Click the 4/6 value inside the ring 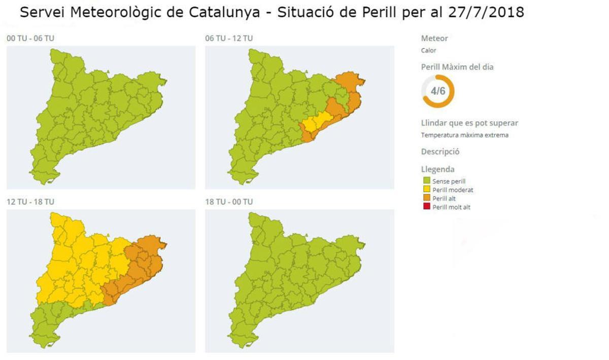[x=437, y=91]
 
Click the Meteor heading [x=434, y=38]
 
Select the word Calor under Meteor [x=428, y=50]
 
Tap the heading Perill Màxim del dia [x=457, y=67]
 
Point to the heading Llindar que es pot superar [x=469, y=123]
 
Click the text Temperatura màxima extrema [x=464, y=135]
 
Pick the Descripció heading [x=440, y=151]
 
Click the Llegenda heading [x=437, y=169]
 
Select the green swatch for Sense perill [x=426, y=181]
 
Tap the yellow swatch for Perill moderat [x=426, y=190]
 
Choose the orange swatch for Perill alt [x=426, y=199]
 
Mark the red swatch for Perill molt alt [x=426, y=207]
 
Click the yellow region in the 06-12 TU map [x=316, y=122]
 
